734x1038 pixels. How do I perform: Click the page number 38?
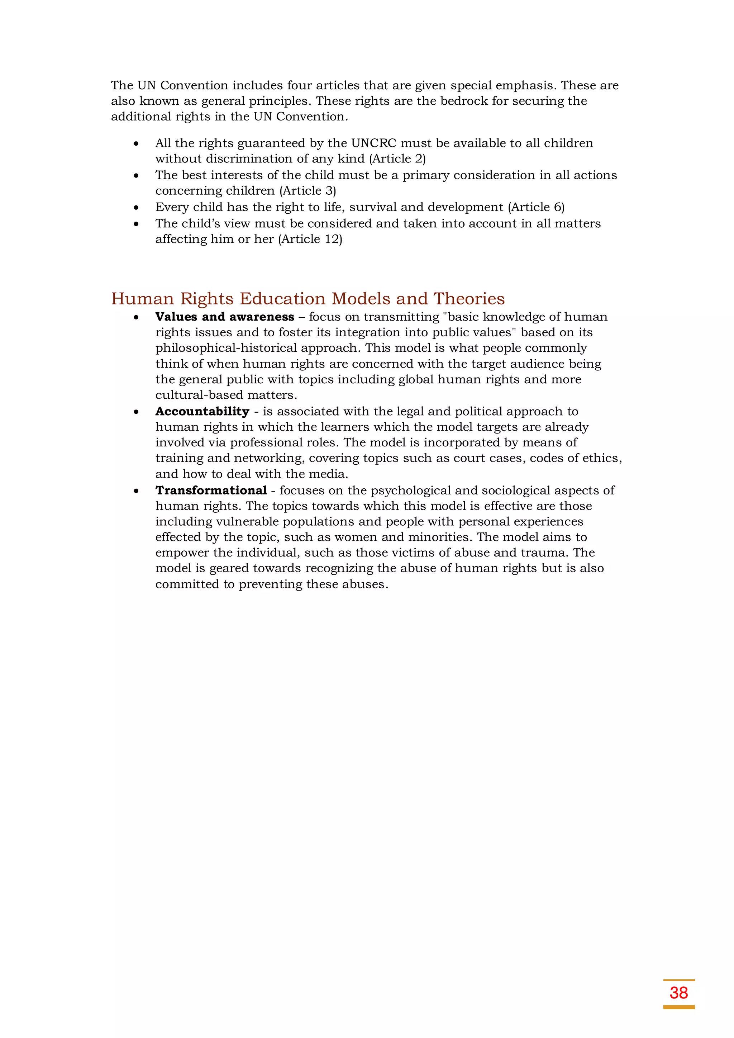678,992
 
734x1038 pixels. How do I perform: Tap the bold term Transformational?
211,490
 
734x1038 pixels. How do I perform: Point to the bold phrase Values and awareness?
225,317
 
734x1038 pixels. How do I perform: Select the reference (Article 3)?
308,191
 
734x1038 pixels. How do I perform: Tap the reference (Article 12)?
311,239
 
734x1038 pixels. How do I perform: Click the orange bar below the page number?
678,1007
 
